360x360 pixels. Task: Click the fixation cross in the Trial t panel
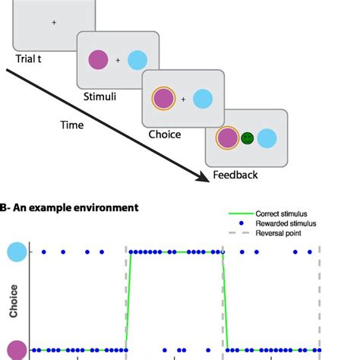click(54, 23)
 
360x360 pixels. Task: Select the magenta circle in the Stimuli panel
click(99, 58)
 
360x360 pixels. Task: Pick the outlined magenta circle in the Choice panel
click(163, 98)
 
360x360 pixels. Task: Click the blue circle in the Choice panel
click(202, 98)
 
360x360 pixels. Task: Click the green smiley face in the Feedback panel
click(246, 138)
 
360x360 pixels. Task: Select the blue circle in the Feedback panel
click(267, 138)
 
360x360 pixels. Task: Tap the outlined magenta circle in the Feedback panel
click(226, 138)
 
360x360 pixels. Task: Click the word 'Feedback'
click(235, 175)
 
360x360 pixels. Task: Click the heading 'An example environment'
click(74, 207)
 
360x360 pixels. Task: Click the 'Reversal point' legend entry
click(275, 232)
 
